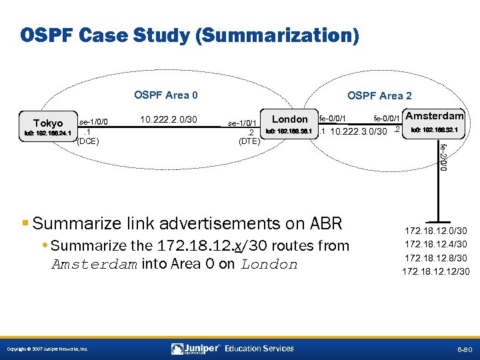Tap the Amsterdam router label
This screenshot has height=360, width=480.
coord(435,116)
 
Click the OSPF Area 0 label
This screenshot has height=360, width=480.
coord(166,95)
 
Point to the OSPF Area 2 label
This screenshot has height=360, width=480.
coord(379,96)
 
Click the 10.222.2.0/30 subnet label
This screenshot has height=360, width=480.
coord(169,121)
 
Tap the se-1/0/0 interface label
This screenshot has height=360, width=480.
coord(94,122)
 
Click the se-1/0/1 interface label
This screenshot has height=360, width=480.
coord(243,123)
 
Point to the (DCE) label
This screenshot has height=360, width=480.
coord(88,141)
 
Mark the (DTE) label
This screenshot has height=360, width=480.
coord(249,141)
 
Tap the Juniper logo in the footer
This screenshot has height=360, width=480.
coord(195,348)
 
